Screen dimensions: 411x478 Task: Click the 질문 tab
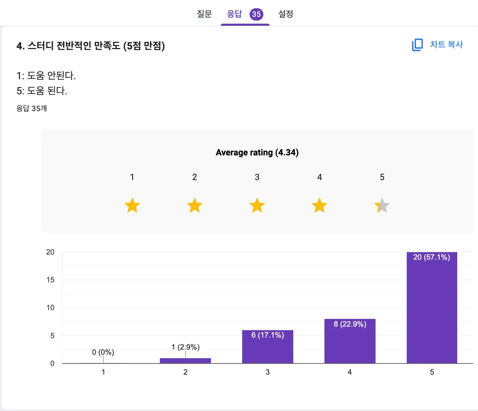204,14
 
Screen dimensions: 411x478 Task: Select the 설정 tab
286,14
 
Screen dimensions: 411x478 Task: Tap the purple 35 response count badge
256,14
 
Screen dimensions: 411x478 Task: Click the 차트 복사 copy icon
417,45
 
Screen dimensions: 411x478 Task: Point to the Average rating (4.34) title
257,152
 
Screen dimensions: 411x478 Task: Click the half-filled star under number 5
382,205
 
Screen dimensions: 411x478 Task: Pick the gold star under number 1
132,205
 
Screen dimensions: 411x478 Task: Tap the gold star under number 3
257,205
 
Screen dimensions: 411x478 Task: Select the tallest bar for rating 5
432,309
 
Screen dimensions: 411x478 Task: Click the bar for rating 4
350,343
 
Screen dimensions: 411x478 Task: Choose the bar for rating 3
267,348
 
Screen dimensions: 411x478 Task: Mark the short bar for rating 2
185,361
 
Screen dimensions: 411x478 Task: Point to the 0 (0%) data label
103,352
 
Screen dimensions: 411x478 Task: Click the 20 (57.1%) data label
431,257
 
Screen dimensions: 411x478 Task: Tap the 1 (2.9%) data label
186,347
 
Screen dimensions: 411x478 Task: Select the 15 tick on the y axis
50,280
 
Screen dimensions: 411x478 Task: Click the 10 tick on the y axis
50,308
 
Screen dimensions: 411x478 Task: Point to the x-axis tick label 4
349,372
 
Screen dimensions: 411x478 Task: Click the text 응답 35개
32,108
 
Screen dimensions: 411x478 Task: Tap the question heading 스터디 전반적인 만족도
91,46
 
